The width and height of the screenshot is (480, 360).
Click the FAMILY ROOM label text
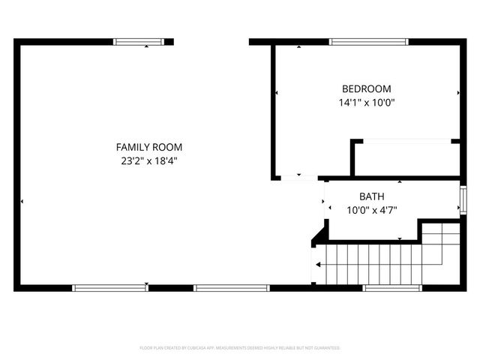[148, 147]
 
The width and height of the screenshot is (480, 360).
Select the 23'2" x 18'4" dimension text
[148, 160]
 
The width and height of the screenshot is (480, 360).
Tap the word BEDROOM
[366, 88]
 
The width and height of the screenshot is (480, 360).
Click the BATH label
[371, 196]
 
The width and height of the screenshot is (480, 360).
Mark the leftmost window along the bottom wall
[110, 288]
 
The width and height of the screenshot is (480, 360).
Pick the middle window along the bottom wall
[230, 288]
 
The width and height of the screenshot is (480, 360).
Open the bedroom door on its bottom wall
[298, 178]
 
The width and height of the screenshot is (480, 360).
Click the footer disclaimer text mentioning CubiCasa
[240, 348]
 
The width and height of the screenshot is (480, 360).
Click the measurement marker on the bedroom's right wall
[458, 93]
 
